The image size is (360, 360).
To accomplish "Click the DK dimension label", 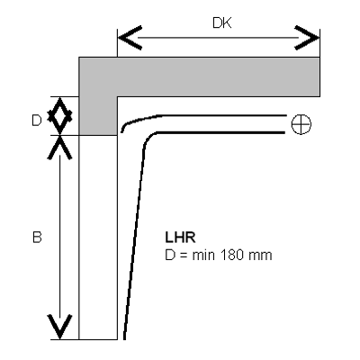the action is pos(222,22).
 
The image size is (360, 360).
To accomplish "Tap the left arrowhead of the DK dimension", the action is pos(130,38).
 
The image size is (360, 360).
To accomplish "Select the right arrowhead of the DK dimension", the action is pos(307,38).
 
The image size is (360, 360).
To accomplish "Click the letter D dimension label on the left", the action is pos(37,121).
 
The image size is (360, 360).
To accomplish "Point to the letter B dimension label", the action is pos(37,238).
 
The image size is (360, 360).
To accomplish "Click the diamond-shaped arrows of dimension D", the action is pos(60,116).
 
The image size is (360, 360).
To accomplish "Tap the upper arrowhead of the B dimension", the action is pos(60,148).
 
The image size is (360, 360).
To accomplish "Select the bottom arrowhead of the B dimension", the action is pos(60,327).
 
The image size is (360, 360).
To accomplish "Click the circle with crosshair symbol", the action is pos(301,124).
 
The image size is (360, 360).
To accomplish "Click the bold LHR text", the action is pos(180,238).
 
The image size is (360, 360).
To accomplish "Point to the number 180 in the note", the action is pos(232,256).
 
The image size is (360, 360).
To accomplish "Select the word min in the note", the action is pos(203,256).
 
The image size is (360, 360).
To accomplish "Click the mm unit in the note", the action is pos(260,256).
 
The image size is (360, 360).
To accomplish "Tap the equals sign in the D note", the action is pos(184,256).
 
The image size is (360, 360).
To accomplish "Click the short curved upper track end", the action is pos(141,121).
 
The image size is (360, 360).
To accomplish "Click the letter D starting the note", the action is pos(170,256).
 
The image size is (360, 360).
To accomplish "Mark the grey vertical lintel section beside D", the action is pos(98,116).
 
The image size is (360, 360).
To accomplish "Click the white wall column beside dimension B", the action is pos(98,238).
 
